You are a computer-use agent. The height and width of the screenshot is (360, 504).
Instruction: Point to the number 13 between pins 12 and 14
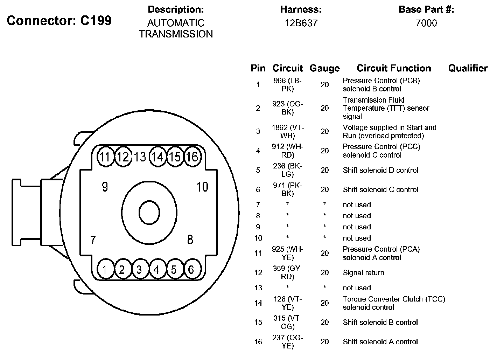click(140, 157)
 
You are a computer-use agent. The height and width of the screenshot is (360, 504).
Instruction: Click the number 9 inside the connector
click(105, 187)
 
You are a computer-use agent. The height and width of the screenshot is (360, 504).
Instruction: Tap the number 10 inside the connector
click(202, 187)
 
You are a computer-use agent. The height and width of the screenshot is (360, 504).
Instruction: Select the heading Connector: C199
click(59, 21)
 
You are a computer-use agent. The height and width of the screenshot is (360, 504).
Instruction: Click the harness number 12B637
click(301, 23)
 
